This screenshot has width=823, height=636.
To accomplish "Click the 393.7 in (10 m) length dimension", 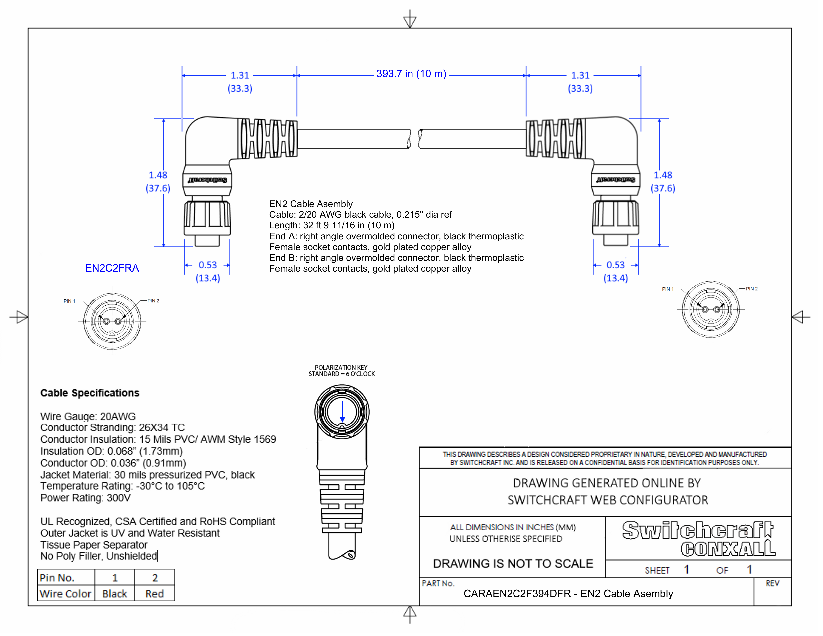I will [x=411, y=74].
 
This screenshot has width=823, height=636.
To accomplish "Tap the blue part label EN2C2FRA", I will [x=112, y=268].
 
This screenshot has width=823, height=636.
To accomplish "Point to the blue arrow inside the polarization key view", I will [x=342, y=412].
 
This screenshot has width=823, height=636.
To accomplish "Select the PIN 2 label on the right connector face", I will [x=751, y=289].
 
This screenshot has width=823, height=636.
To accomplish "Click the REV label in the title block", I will [x=772, y=583].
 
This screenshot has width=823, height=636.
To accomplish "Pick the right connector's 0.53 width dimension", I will [x=615, y=265].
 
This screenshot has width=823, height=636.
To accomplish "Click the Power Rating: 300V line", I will [x=86, y=498].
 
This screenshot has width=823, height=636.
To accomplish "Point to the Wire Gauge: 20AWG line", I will [x=88, y=416].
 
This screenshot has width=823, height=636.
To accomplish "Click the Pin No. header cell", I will [x=57, y=578].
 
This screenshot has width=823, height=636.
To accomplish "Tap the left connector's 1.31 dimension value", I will [x=240, y=75].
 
